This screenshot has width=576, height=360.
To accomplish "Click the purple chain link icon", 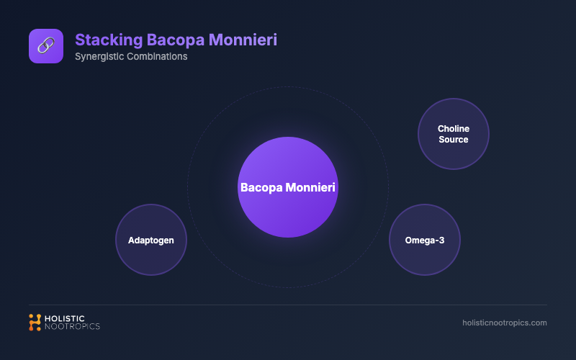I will pos(45,46).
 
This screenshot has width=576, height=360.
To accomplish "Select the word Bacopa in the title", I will pos(174,39).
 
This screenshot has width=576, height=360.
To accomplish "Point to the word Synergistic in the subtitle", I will pos(97,57).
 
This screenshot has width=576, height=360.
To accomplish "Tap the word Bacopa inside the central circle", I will pos(261,187).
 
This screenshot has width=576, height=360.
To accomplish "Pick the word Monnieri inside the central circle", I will pos(311,187).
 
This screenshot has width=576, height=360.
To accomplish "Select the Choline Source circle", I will pos(454,134).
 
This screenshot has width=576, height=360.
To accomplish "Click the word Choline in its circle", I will pos(454,129).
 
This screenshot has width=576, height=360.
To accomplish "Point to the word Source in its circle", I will pos(454,140).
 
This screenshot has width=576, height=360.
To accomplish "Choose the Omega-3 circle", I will pos(425,240).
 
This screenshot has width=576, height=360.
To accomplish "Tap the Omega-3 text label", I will pos(425,240).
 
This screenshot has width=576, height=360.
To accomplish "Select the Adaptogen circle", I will pos(151,240).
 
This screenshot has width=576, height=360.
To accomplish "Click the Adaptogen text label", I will pos(151,240).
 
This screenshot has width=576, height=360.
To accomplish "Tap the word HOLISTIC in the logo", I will pos(66,318).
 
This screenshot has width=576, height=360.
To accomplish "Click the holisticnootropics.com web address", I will pos(504,323).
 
